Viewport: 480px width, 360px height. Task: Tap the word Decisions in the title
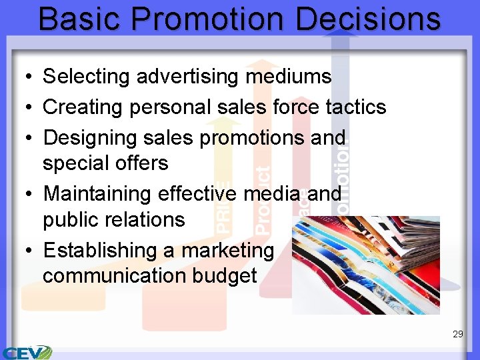point(369,19)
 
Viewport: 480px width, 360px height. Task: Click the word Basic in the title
point(77,19)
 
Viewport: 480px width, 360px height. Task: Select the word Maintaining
point(97,194)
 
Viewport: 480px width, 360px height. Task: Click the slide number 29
point(457,334)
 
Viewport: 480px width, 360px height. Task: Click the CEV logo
point(27,352)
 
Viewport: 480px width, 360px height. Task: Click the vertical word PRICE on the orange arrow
point(225,207)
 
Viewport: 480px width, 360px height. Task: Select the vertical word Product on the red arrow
point(263,200)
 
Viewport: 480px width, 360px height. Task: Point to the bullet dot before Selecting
point(23,77)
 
